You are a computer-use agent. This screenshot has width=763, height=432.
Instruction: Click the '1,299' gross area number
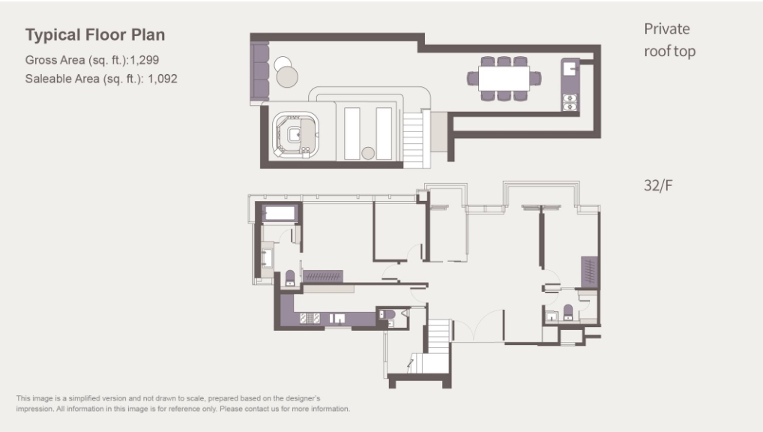145,61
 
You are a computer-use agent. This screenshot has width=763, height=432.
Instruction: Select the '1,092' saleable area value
163,79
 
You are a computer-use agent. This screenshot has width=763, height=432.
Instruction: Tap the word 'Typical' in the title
53,35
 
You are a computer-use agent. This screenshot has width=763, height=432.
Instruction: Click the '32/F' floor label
658,185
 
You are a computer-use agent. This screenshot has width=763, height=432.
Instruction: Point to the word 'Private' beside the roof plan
666,28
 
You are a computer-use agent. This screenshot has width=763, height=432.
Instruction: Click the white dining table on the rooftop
504,79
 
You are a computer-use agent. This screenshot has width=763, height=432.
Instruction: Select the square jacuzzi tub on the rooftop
295,135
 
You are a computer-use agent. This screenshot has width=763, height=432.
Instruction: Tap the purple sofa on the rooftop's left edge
259,71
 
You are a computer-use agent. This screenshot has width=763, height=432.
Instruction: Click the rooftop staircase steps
414,139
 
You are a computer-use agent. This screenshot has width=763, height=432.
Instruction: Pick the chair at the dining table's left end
472,79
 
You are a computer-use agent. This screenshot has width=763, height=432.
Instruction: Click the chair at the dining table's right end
535,79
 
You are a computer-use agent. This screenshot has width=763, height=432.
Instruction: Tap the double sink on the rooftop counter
570,102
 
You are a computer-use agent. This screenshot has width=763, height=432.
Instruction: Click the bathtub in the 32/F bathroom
280,213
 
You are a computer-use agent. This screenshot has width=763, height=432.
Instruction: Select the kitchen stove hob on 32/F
310,319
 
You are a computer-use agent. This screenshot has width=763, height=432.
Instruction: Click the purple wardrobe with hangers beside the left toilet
322,276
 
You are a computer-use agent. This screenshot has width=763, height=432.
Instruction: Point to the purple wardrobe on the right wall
589,271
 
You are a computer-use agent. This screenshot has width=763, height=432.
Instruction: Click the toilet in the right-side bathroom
568,313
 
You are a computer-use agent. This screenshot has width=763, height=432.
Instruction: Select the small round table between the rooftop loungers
368,153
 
